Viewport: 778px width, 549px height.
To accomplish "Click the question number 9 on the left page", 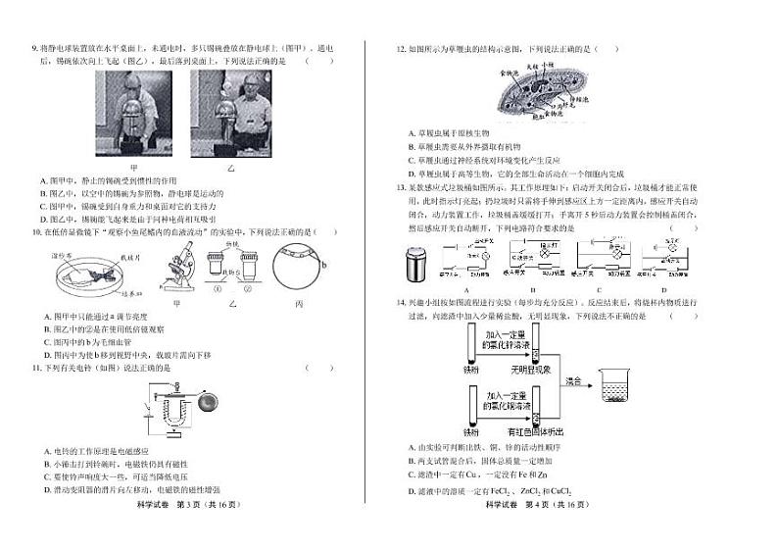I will click(35, 47).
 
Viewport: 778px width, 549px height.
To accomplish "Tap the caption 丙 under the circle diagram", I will click(298, 305).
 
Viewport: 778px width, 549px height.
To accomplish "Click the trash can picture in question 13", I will click(415, 263).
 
